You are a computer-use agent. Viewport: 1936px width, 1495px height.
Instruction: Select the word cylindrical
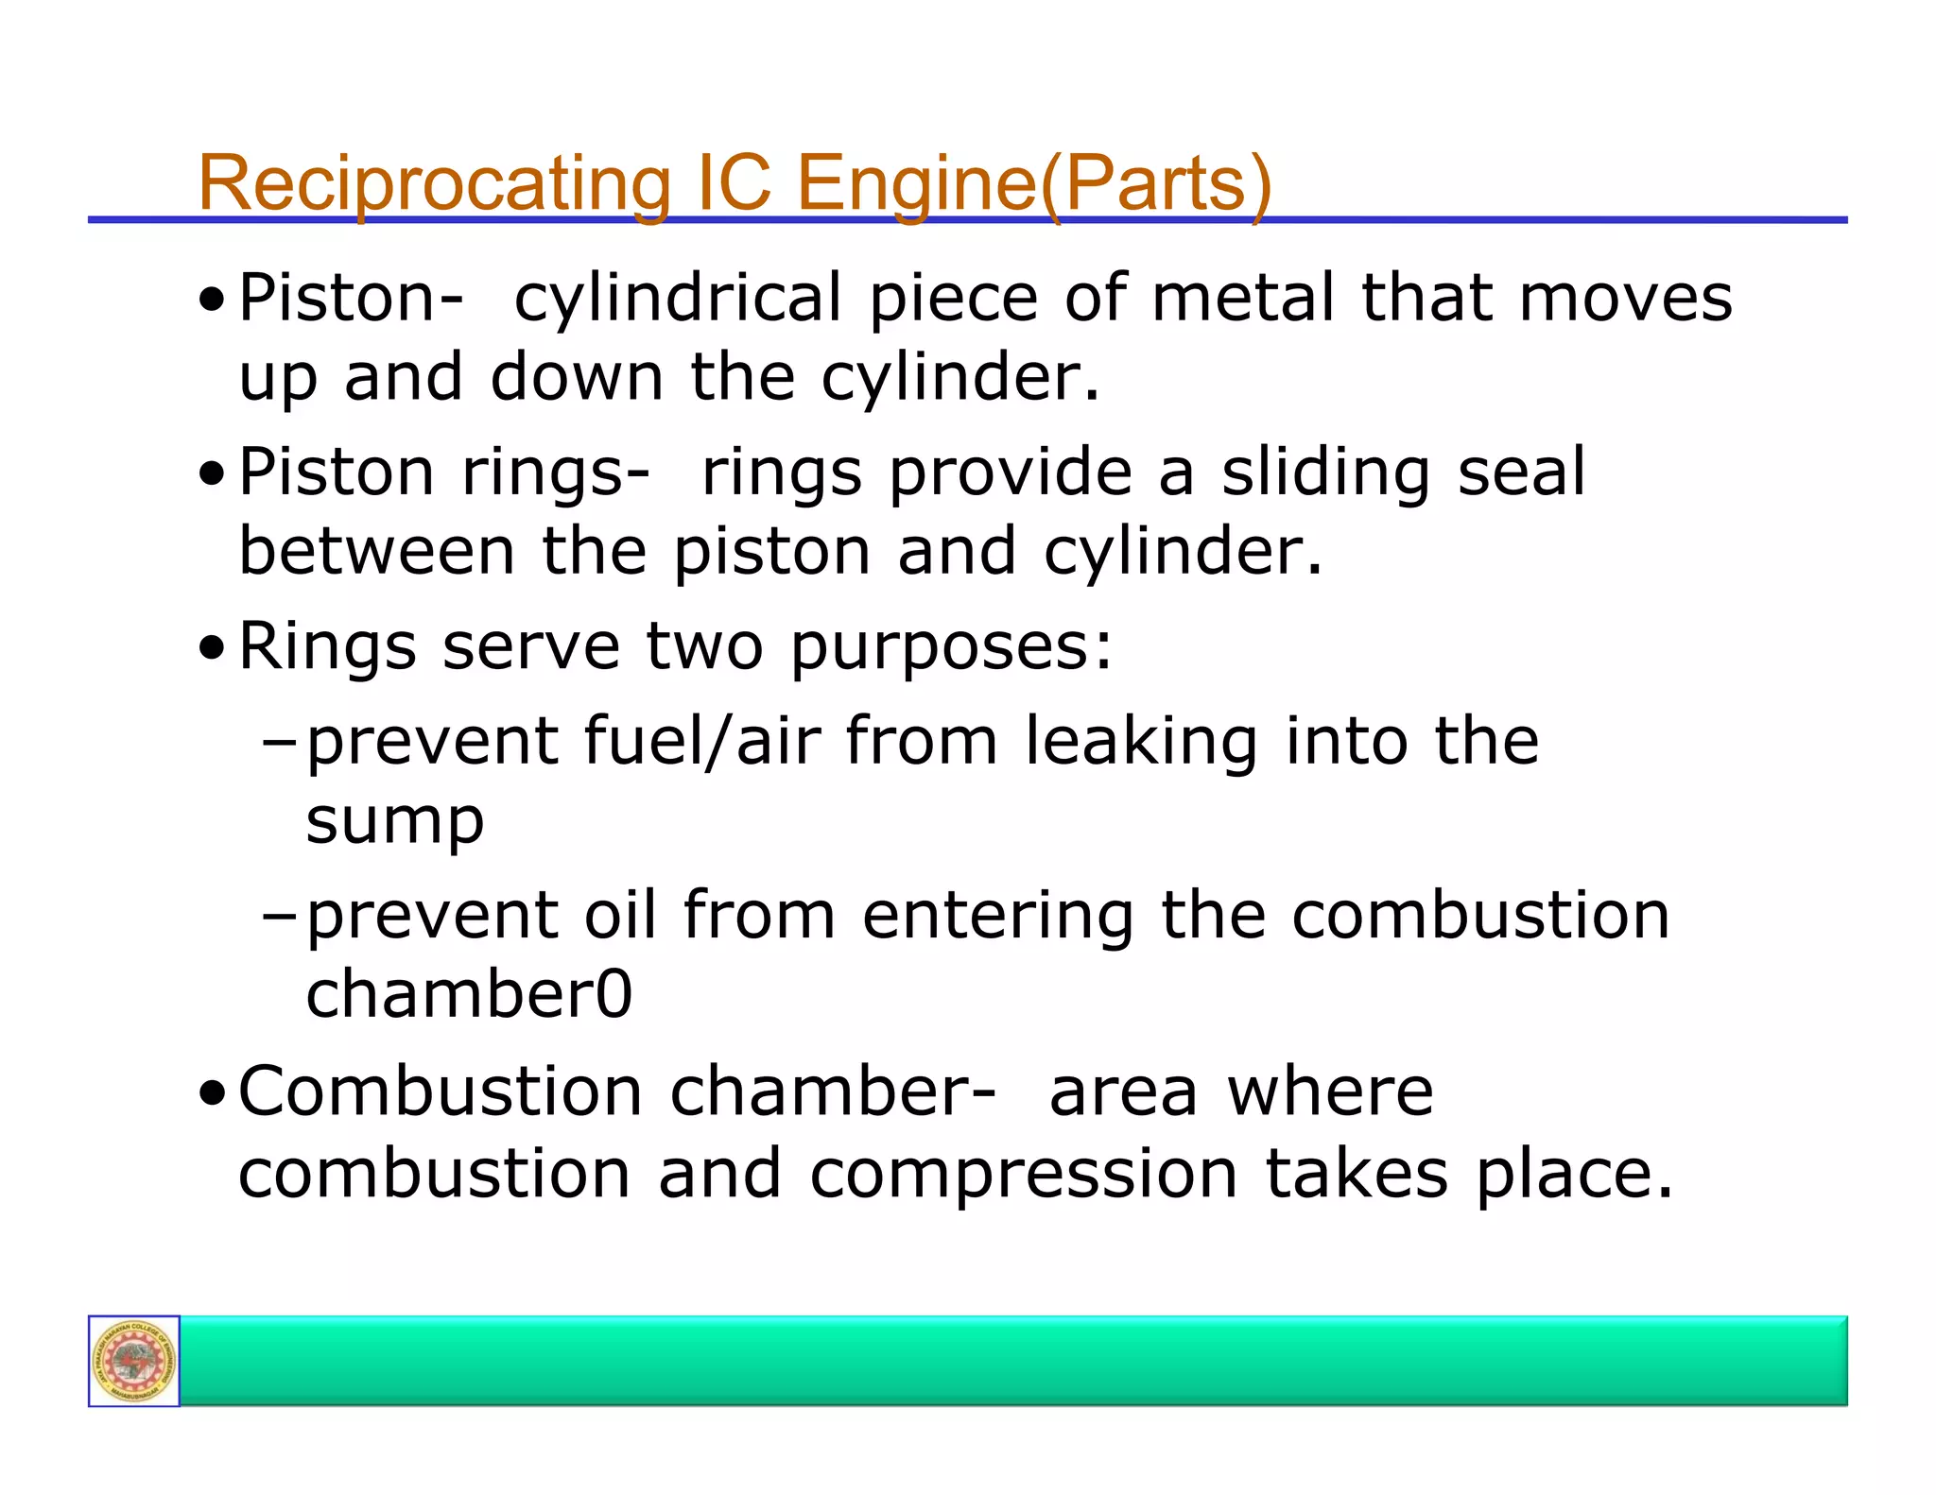point(677,299)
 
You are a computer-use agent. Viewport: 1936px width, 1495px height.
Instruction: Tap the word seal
point(1521,473)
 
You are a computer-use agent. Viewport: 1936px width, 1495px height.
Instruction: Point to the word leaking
point(1141,741)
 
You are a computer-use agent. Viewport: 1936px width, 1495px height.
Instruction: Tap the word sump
point(395,820)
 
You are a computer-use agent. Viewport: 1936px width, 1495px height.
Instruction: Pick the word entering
point(997,917)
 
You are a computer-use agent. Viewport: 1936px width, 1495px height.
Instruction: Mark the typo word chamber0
point(469,994)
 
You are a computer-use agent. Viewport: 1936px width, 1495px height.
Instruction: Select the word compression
point(1024,1175)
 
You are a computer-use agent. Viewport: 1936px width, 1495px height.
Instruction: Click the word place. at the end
point(1575,1175)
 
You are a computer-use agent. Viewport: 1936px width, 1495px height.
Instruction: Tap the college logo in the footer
point(134,1361)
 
